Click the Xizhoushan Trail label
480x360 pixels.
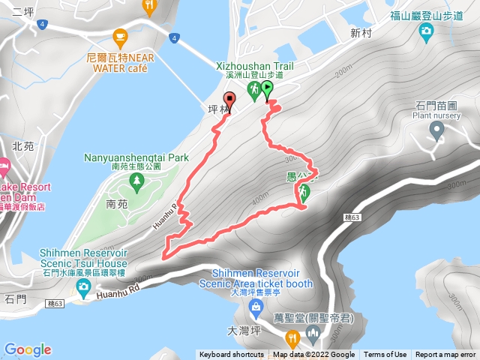tap(253, 66)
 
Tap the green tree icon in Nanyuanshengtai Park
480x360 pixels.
tap(136, 181)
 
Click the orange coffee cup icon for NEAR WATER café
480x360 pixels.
tap(119, 36)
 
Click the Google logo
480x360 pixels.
tap(27, 349)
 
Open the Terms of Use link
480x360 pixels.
tap(385, 355)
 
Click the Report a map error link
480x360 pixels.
tap(445, 355)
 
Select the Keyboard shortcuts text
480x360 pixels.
tap(231, 355)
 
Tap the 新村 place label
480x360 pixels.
tap(361, 33)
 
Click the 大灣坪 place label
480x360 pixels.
tap(241, 329)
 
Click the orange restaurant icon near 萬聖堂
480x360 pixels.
tap(292, 336)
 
